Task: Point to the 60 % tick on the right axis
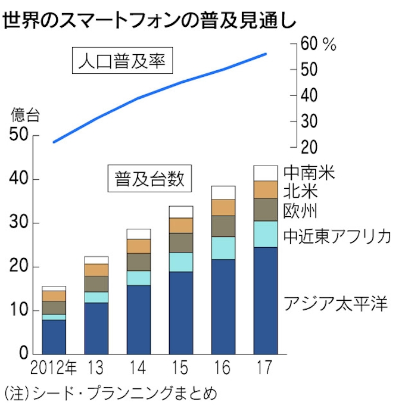pyautogui.click(x=320, y=44)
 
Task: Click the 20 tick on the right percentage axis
pyautogui.click(x=311, y=147)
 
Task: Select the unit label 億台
pyautogui.click(x=26, y=116)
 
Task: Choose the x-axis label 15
pyautogui.click(x=180, y=368)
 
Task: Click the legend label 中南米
pyautogui.click(x=309, y=173)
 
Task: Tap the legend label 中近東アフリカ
pyautogui.click(x=337, y=236)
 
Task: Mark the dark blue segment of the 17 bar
pyautogui.click(x=265, y=301)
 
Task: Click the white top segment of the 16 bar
pyautogui.click(x=223, y=192)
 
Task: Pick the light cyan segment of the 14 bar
pyautogui.click(x=138, y=278)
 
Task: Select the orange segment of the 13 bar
pyautogui.click(x=96, y=270)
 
